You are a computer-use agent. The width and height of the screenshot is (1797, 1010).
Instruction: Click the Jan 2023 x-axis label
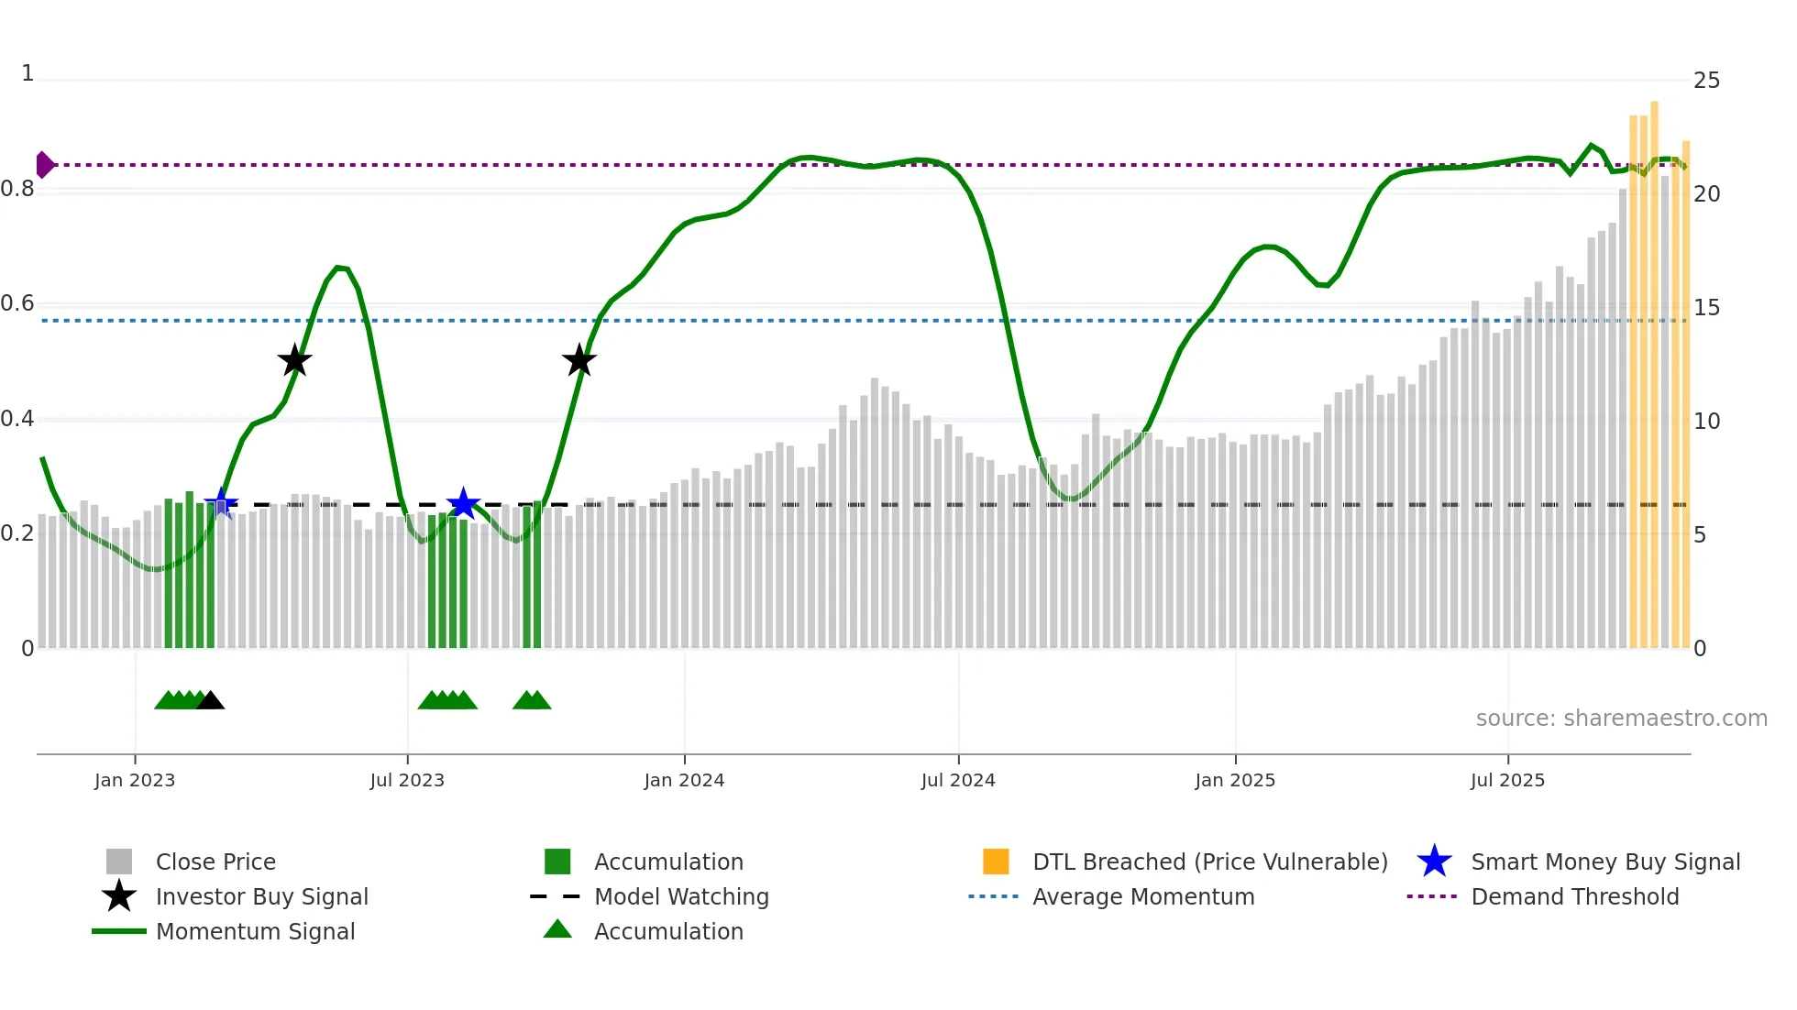coord(135,780)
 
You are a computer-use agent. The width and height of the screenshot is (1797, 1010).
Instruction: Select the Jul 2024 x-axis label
coord(958,780)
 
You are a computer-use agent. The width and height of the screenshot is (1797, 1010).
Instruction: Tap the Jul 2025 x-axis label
coord(1507,780)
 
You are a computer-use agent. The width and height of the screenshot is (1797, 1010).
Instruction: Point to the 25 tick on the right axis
coord(1706,81)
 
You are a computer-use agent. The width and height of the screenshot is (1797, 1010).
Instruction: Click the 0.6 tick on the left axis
coord(18,303)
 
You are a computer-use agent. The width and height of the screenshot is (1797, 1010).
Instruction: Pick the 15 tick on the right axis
coord(1706,308)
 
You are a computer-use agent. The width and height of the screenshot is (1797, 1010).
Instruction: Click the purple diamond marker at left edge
coord(44,165)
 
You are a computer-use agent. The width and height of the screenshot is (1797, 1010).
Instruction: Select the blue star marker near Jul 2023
coord(463,503)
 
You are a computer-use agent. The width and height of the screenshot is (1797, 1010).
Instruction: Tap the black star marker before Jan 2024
coord(579,360)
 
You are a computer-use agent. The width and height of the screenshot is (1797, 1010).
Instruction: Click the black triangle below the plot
coord(211,701)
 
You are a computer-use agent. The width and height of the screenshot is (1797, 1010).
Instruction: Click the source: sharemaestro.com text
coord(1621,719)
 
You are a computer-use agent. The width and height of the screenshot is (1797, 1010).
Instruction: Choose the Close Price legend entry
coord(215,862)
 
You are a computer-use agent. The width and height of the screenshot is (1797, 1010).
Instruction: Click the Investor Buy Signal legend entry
coord(261,896)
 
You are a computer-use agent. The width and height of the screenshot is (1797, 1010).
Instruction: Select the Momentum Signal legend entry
coord(255,931)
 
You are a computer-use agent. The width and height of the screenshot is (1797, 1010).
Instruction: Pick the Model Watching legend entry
coord(681,896)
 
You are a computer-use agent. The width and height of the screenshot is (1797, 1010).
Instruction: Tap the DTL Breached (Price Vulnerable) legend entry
coord(1209,862)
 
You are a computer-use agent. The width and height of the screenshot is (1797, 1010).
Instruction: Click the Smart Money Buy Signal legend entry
coord(1605,862)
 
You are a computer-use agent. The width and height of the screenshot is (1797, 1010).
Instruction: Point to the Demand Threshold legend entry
coord(1574,896)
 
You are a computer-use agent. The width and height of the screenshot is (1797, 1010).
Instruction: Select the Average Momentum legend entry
coord(1143,896)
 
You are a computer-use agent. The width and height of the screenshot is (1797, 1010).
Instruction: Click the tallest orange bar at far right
coord(1654,367)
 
